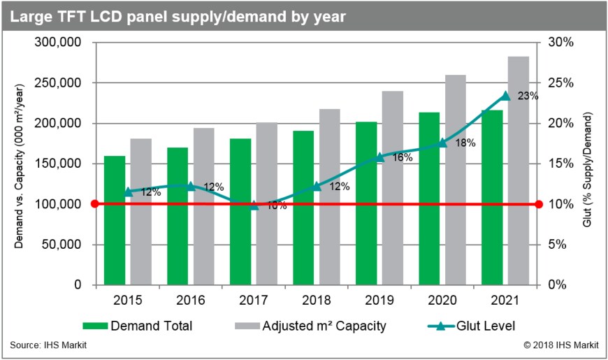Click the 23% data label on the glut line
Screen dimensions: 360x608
(528, 96)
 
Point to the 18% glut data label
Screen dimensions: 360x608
(465, 143)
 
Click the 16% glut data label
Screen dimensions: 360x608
(403, 158)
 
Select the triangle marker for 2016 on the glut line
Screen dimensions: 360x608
(191, 185)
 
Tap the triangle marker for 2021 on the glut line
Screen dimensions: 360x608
(505, 96)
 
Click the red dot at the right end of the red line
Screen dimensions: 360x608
(539, 204)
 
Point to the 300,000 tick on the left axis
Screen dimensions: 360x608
(59, 43)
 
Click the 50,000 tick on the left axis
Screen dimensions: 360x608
(62, 245)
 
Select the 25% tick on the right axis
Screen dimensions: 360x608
(560, 83)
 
